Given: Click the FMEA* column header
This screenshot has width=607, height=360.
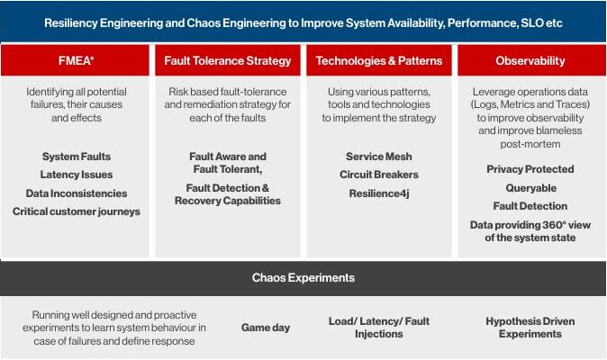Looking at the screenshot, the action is click(x=77, y=60).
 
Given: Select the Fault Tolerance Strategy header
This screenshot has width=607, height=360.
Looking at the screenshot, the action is click(x=228, y=60).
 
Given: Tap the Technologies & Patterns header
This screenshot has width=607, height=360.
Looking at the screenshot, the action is click(x=379, y=60).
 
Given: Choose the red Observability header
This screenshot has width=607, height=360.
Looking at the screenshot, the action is click(x=530, y=60).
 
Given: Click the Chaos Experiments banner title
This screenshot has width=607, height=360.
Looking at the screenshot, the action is click(x=303, y=277).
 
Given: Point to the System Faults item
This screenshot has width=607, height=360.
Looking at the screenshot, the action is click(x=77, y=157).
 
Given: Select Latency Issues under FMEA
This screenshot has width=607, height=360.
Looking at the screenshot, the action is click(x=77, y=175).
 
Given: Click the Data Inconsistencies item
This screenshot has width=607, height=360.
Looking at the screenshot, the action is click(x=77, y=193).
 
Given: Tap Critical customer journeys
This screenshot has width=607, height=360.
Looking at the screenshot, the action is click(x=77, y=211).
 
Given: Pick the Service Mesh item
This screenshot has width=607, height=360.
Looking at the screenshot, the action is click(x=379, y=157).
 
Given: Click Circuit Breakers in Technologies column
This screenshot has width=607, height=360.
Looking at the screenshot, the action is click(x=379, y=175).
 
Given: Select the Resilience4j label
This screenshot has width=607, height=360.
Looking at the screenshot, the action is click(x=379, y=193).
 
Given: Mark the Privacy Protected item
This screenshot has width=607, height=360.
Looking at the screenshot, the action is click(x=530, y=169).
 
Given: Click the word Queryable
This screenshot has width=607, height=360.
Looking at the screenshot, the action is click(x=531, y=188).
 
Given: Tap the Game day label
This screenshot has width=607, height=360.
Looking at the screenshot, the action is click(x=266, y=328).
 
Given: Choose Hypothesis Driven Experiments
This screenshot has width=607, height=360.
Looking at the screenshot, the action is click(x=530, y=328).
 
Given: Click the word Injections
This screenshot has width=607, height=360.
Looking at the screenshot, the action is click(x=379, y=334).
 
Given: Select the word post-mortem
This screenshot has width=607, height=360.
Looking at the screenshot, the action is click(x=530, y=144).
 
